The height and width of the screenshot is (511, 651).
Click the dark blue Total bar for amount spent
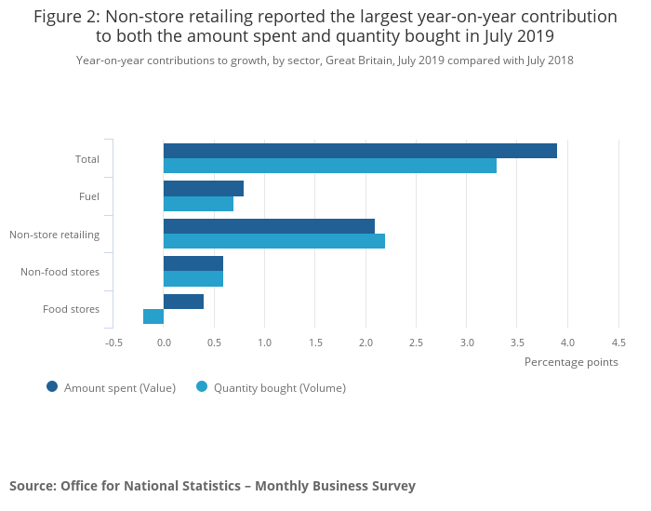pyautogui.click(x=360, y=151)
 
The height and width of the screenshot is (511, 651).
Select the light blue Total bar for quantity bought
pyautogui.click(x=330, y=166)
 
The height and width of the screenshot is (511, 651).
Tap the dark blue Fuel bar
pyautogui.click(x=204, y=189)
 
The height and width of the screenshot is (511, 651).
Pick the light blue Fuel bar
pyautogui.click(x=198, y=204)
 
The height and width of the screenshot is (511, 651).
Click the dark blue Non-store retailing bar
pyautogui.click(x=269, y=226)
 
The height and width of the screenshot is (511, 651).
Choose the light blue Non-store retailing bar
pyautogui.click(x=274, y=241)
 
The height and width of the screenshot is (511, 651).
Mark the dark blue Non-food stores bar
pyautogui.click(x=193, y=263)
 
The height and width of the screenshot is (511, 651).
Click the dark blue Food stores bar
pyautogui.click(x=183, y=302)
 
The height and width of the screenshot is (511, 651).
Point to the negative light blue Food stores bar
pyautogui.click(x=153, y=316)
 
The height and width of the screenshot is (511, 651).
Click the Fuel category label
pyautogui.click(x=89, y=196)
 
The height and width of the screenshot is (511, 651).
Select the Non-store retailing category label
pyautogui.click(x=54, y=235)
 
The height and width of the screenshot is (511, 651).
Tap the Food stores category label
pyautogui.click(x=71, y=309)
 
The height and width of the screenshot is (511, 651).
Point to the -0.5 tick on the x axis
pyautogui.click(x=113, y=342)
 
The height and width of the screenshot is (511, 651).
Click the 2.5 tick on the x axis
pyautogui.click(x=416, y=342)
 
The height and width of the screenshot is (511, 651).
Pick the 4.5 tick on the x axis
pyautogui.click(x=618, y=342)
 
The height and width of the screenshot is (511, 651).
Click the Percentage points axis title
pyautogui.click(x=571, y=362)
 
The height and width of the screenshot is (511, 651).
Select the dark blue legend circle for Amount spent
pyautogui.click(x=52, y=387)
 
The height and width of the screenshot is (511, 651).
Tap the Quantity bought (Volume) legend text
pyautogui.click(x=279, y=388)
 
